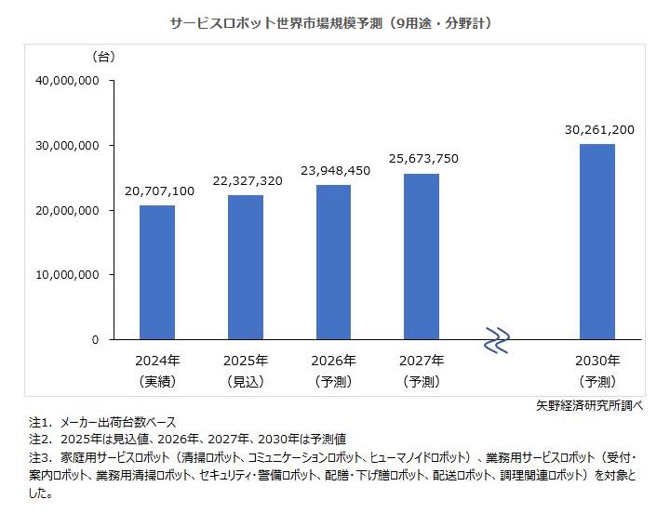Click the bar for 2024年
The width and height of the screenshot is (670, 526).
(x=157, y=272)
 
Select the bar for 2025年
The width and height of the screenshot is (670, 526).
(x=246, y=268)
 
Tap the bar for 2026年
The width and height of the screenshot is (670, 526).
(x=333, y=262)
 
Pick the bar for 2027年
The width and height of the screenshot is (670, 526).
(x=422, y=256)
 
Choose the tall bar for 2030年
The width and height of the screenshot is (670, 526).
(x=597, y=242)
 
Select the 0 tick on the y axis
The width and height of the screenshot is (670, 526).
(x=95, y=340)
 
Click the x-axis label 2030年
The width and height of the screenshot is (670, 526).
(x=597, y=361)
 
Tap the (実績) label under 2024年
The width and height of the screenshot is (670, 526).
(x=157, y=381)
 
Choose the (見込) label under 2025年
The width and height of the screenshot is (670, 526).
(x=246, y=381)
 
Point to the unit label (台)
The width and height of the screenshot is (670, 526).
(x=102, y=57)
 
